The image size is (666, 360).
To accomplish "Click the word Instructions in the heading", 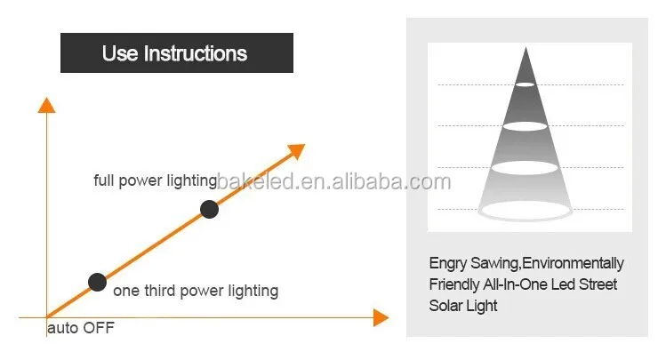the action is [196, 53].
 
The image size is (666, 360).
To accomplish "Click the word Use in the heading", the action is [120, 53].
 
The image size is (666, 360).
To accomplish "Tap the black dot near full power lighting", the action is [209, 209].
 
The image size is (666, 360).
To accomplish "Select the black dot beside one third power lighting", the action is [97, 283].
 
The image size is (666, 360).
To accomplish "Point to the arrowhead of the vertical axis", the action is [47, 105].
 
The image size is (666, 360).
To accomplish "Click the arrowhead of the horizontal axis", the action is [381, 317].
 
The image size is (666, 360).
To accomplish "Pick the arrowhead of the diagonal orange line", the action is [297, 151].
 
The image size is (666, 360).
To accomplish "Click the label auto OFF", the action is [81, 328].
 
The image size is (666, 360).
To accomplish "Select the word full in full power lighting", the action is [104, 180].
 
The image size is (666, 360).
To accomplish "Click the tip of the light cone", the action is [526, 47].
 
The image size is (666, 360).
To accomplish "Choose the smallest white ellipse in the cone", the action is [526, 84].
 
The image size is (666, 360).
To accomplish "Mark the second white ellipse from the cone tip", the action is [526, 126].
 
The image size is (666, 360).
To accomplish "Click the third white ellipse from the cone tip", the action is [525, 168].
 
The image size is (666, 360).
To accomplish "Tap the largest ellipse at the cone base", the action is [525, 210].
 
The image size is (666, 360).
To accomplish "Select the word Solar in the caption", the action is [442, 306].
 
